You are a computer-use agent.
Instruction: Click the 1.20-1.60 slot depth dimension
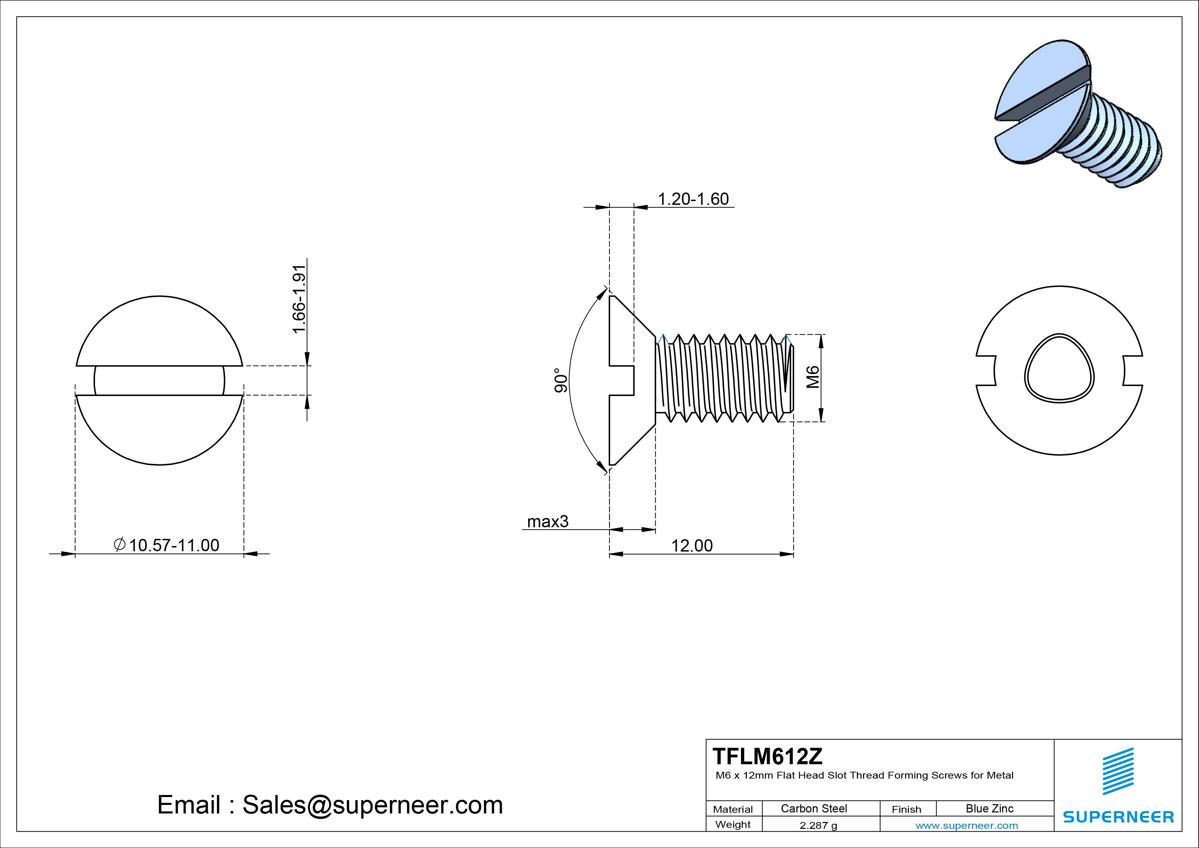[692, 199]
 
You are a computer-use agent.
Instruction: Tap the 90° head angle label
[560, 380]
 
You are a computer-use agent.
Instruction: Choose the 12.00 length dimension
[691, 545]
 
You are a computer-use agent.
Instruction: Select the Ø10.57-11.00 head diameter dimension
[167, 545]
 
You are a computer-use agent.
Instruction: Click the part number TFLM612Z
[767, 756]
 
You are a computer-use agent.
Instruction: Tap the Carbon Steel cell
[813, 808]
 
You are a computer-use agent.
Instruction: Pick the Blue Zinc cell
[989, 808]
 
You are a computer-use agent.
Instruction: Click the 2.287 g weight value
[818, 825]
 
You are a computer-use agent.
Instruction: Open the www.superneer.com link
[966, 825]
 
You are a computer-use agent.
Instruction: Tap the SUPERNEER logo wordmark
[1118, 817]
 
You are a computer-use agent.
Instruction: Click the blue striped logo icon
[1118, 771]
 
